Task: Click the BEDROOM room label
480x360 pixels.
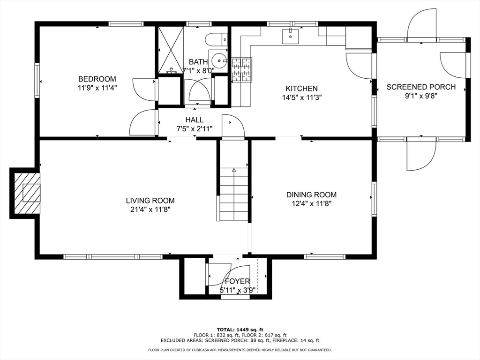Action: click(97, 79)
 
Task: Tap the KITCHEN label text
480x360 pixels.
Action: click(301, 89)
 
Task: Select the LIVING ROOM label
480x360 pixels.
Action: click(150, 201)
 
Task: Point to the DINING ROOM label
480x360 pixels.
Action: click(311, 195)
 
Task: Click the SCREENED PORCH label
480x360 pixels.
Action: click(421, 87)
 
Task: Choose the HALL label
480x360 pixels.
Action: click(195, 120)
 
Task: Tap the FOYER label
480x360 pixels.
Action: click(238, 281)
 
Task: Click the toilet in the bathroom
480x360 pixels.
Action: click(217, 39)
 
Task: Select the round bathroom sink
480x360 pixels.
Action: click(219, 60)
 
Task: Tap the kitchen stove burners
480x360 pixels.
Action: click(242, 70)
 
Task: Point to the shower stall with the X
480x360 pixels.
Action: click(171, 50)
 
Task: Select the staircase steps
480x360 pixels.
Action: click(234, 194)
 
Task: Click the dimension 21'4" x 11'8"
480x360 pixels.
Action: click(150, 210)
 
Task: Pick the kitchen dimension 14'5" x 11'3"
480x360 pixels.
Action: click(301, 97)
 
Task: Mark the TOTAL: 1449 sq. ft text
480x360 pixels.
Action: click(240, 330)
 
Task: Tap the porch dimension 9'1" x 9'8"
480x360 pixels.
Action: click(421, 96)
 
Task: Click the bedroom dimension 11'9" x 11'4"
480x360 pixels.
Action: click(97, 88)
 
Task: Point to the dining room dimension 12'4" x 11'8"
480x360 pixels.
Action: click(311, 203)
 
